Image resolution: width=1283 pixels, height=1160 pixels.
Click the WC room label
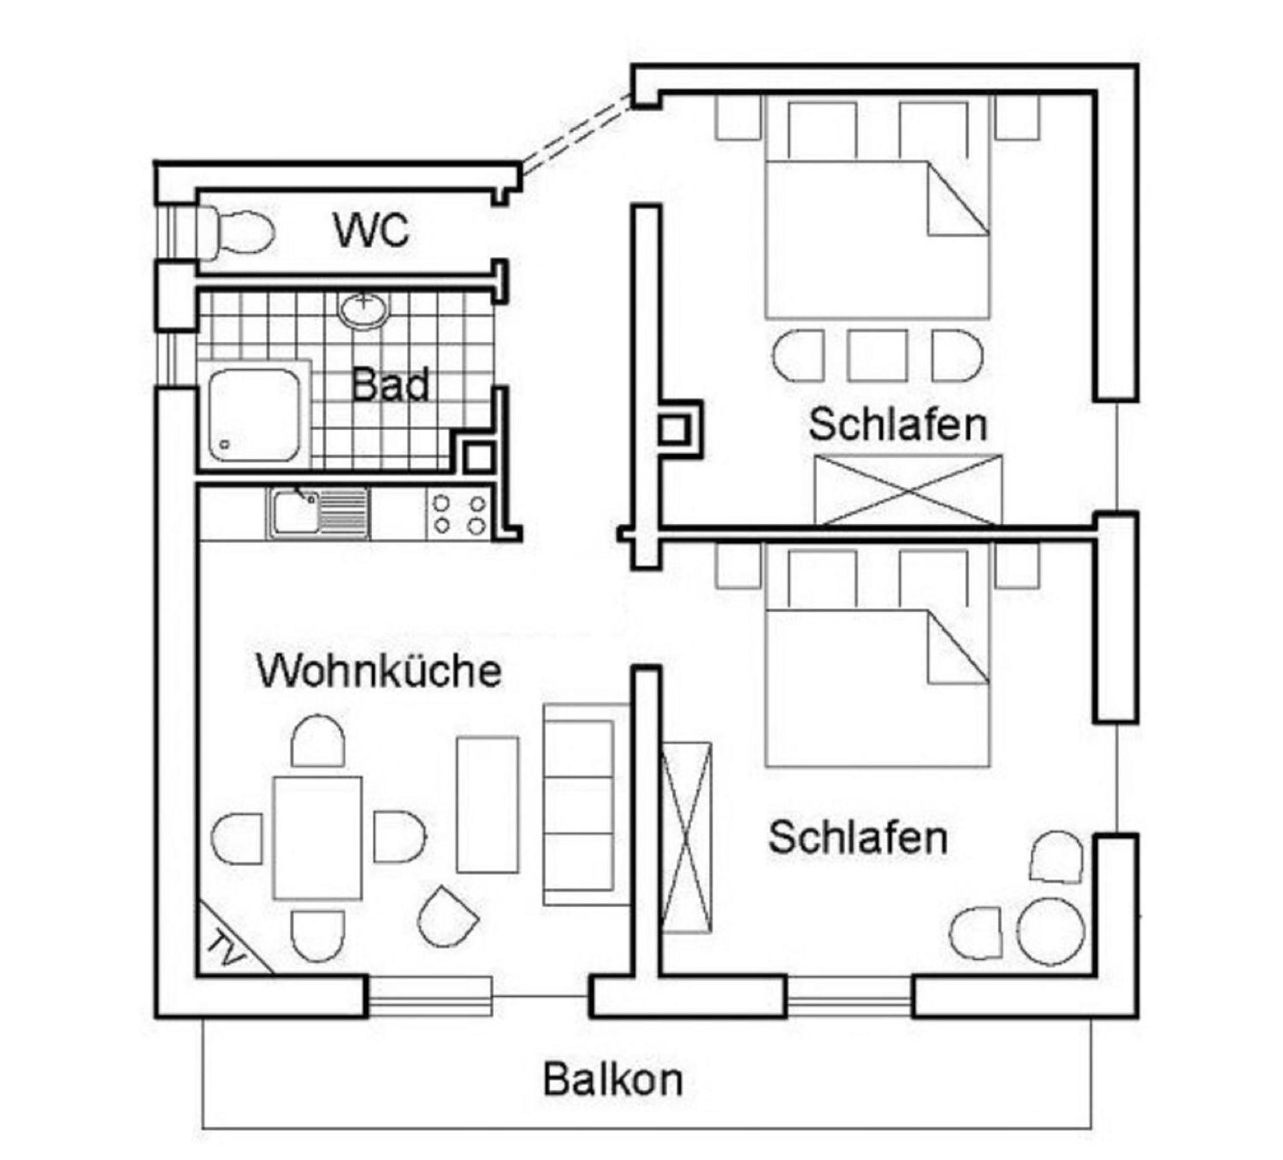pyautogui.click(x=371, y=230)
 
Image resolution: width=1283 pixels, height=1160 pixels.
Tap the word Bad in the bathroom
pyautogui.click(x=390, y=386)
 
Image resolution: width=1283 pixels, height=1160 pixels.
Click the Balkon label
pyautogui.click(x=613, y=1079)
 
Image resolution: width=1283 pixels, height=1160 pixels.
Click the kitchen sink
pyautogui.click(x=319, y=513)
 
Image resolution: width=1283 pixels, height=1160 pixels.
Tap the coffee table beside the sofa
pyautogui.click(x=487, y=804)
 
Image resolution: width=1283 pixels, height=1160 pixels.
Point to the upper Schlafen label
pyautogui.click(x=898, y=425)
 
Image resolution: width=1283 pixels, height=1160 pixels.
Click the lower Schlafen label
pyautogui.click(x=858, y=838)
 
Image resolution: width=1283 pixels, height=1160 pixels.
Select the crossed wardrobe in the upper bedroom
pyautogui.click(x=908, y=490)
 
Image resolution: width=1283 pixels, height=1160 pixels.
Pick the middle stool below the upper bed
pyautogui.click(x=878, y=355)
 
